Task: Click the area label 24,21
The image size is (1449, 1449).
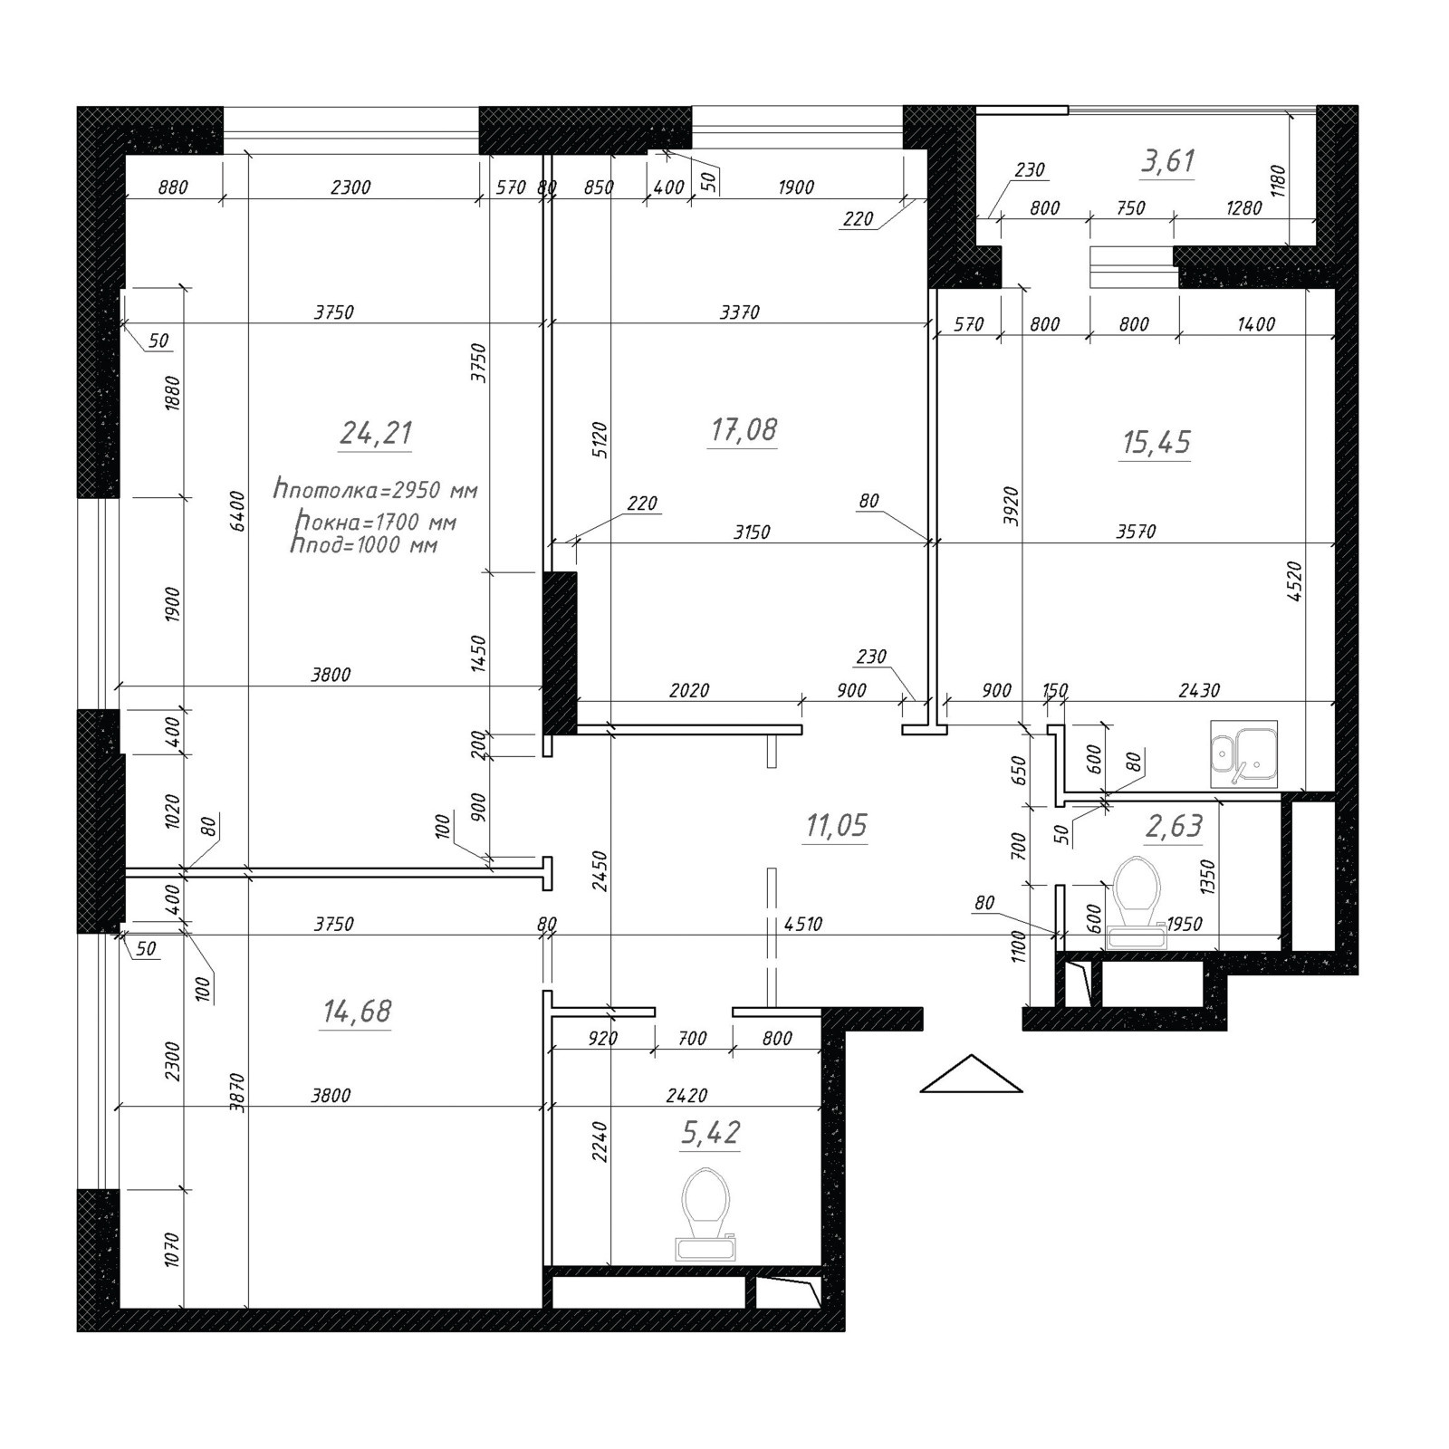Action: [x=377, y=433]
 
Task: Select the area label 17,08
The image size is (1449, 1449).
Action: [x=744, y=429]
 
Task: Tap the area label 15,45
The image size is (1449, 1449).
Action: [x=1156, y=442]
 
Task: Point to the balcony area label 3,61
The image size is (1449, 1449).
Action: [x=1168, y=161]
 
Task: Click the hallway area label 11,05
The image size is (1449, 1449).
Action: [x=836, y=825]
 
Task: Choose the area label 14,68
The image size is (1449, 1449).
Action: [x=357, y=1011]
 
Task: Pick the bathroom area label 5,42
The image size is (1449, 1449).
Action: [x=711, y=1132]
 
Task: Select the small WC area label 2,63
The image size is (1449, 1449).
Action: [x=1174, y=825]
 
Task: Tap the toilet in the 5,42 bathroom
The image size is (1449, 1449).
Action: [x=706, y=1214]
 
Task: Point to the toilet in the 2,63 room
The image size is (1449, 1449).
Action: [x=1137, y=902]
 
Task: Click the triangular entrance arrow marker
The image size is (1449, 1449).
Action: [x=971, y=1074]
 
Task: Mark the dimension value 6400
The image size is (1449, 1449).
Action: [x=237, y=511]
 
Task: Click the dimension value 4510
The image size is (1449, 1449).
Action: [x=803, y=924]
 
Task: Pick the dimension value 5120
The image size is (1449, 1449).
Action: [x=600, y=440]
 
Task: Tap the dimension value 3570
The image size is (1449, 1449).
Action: [x=1136, y=532]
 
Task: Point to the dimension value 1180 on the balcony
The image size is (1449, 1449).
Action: [x=1278, y=180]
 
